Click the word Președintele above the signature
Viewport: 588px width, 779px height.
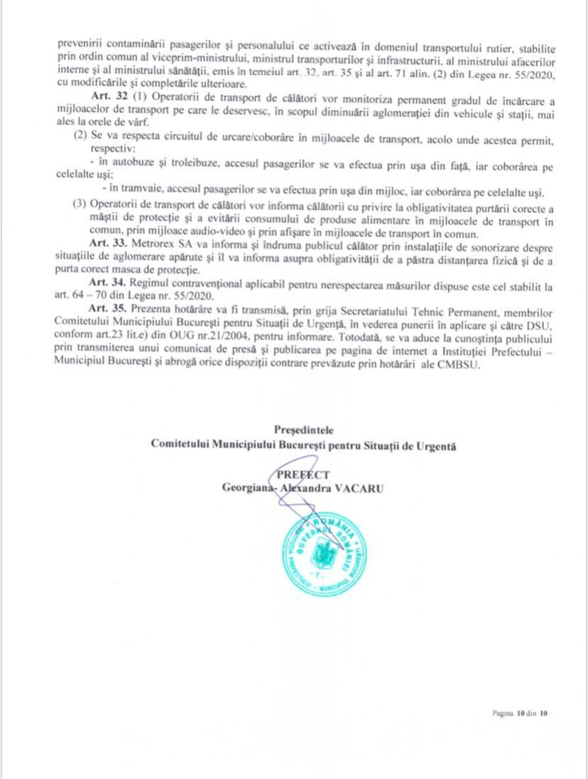coord(303,430)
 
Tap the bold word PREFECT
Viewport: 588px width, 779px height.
coord(303,475)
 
